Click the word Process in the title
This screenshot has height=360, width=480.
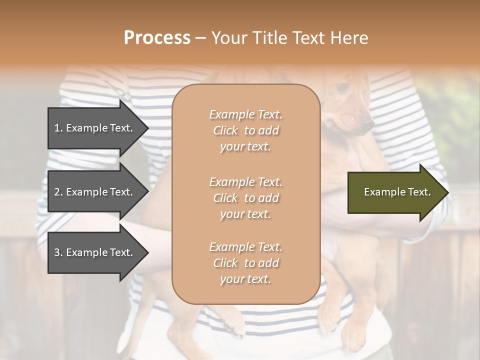point(157,38)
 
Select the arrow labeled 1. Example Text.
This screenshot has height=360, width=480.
point(95,128)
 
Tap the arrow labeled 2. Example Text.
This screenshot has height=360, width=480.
point(95,192)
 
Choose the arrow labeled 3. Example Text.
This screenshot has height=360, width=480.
point(95,252)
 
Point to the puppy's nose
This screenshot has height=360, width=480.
point(368,121)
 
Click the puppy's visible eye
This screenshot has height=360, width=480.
point(342,87)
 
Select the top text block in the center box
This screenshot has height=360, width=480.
point(245,130)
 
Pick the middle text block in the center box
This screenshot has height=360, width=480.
point(245,198)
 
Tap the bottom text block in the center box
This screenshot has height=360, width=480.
point(245,263)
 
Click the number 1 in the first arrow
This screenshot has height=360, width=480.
point(57,128)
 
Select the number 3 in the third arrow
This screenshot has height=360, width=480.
point(57,252)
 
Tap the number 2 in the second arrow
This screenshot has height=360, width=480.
point(57,192)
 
